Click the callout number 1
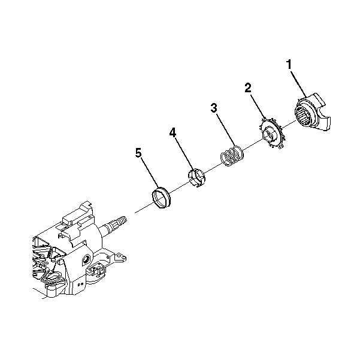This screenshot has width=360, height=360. pyautogui.click(x=289, y=64)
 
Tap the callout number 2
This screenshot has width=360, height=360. pyautogui.click(x=248, y=88)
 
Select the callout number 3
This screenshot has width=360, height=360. pyautogui.click(x=214, y=108)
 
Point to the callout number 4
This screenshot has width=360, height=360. pyautogui.click(x=173, y=132)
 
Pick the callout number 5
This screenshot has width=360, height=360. pyautogui.click(x=138, y=153)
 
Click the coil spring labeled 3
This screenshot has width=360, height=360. pyautogui.click(x=232, y=156)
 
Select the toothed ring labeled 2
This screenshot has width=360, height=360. pyautogui.click(x=272, y=134)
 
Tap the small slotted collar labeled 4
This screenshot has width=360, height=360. pyautogui.click(x=196, y=177)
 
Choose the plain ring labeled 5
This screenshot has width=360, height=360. pyautogui.click(x=161, y=198)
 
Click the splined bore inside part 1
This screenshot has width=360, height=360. pyautogui.click(x=303, y=117)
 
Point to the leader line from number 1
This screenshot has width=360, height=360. pyautogui.click(x=298, y=84)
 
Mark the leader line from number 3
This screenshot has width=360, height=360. pyautogui.click(x=226, y=129)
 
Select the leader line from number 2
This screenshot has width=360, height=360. pyautogui.click(x=258, y=107)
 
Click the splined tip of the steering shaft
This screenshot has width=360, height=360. pyautogui.click(x=120, y=221)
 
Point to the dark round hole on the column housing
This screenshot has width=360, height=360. pyautogui.click(x=86, y=260)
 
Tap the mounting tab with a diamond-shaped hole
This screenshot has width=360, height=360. pyautogui.click(x=120, y=256)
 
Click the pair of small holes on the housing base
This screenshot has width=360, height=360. pyautogui.click(x=80, y=285)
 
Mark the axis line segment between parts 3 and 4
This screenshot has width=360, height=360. pyautogui.click(x=213, y=168)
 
